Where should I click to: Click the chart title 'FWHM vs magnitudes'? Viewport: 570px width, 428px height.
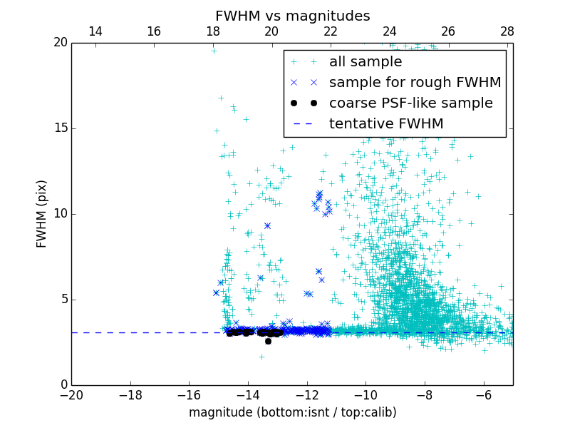[292, 16]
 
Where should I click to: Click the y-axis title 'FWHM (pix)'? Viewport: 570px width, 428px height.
[42, 214]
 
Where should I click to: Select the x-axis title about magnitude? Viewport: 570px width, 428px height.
[292, 412]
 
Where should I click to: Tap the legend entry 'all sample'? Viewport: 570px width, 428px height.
[366, 62]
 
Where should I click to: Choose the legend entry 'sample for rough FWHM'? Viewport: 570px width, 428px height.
[415, 83]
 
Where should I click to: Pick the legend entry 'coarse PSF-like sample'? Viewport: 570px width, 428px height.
[410, 103]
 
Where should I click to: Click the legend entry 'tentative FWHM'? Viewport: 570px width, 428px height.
[386, 124]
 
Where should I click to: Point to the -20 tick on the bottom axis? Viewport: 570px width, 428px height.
[71, 394]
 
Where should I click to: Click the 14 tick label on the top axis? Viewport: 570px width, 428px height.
[95, 31]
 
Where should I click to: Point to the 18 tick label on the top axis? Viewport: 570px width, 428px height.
[212, 31]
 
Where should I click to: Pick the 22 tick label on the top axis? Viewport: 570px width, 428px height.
[331, 31]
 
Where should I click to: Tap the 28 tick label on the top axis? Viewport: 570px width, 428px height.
[507, 31]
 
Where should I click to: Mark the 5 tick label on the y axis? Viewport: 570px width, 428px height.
[61, 300]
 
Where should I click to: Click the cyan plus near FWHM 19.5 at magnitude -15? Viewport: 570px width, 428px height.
[214, 51]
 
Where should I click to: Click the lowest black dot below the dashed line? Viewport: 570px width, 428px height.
[268, 341]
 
